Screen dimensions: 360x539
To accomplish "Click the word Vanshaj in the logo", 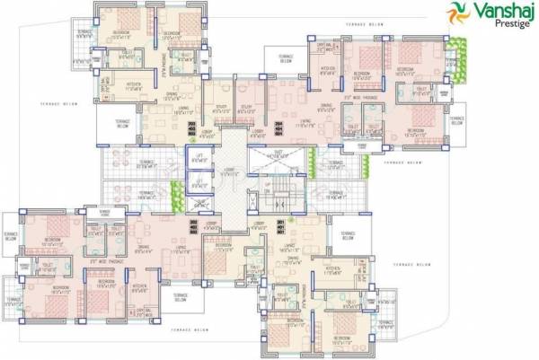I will [494, 11].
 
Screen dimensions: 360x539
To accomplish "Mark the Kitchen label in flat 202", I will [140, 288].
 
